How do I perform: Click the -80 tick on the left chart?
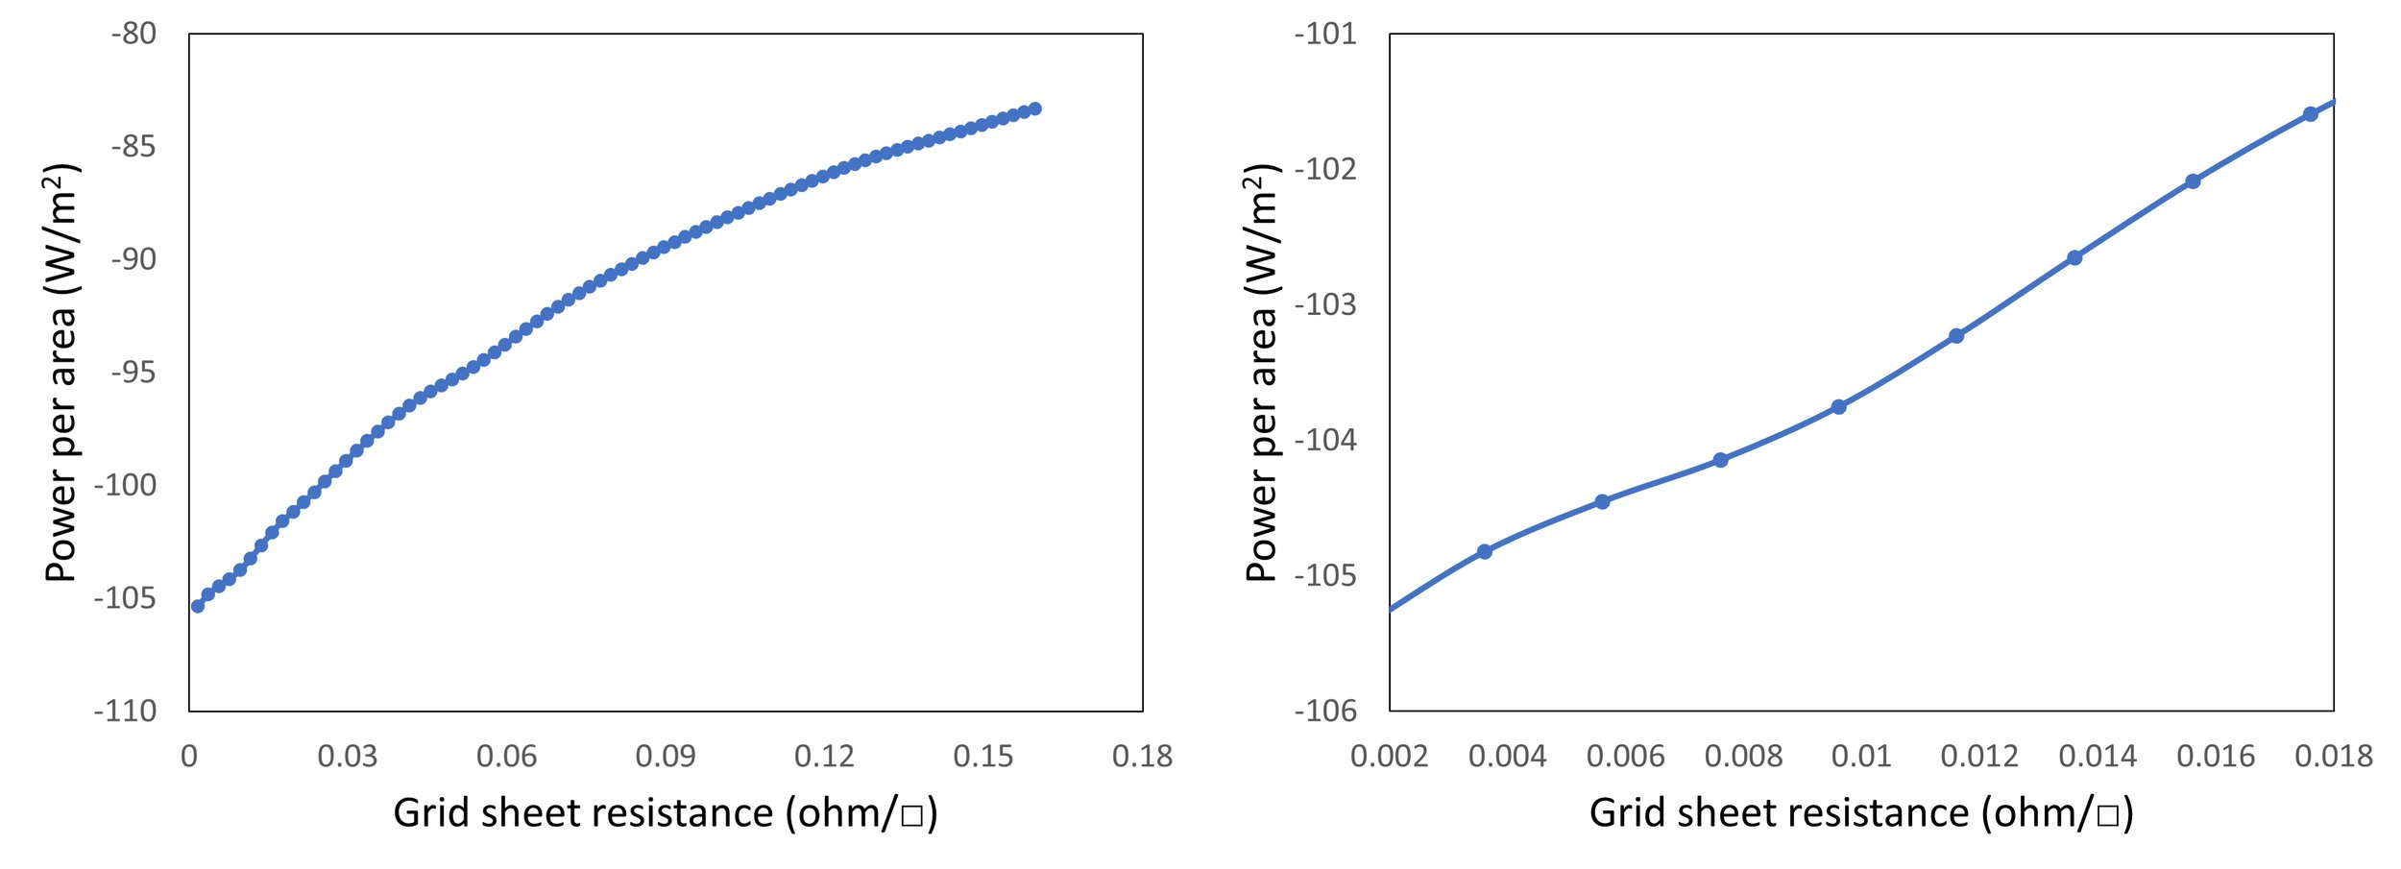coord(133,35)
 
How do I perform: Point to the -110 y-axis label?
coord(125,712)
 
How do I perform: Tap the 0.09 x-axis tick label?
coord(665,757)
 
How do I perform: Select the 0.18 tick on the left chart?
coord(1142,757)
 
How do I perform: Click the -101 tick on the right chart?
coord(1325,35)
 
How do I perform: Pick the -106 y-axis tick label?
coord(1325,712)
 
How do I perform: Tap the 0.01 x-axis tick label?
coord(1861,757)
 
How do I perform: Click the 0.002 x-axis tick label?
coord(1389,757)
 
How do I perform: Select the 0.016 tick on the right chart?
coord(2216,757)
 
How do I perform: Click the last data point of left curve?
coord(1034,109)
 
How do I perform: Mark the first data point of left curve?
coord(198,606)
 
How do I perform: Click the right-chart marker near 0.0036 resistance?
coord(1484,551)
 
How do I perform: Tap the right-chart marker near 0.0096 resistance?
coord(1838,407)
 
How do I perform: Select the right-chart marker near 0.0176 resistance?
coord(2311,114)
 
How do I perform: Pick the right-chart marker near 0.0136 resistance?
coord(2074,257)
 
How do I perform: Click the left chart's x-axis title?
coord(665,813)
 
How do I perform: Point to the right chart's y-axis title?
coord(1262,373)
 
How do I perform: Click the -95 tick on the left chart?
coord(133,373)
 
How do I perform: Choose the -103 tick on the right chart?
coord(1325,305)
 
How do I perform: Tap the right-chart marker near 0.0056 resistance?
coord(1602,501)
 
